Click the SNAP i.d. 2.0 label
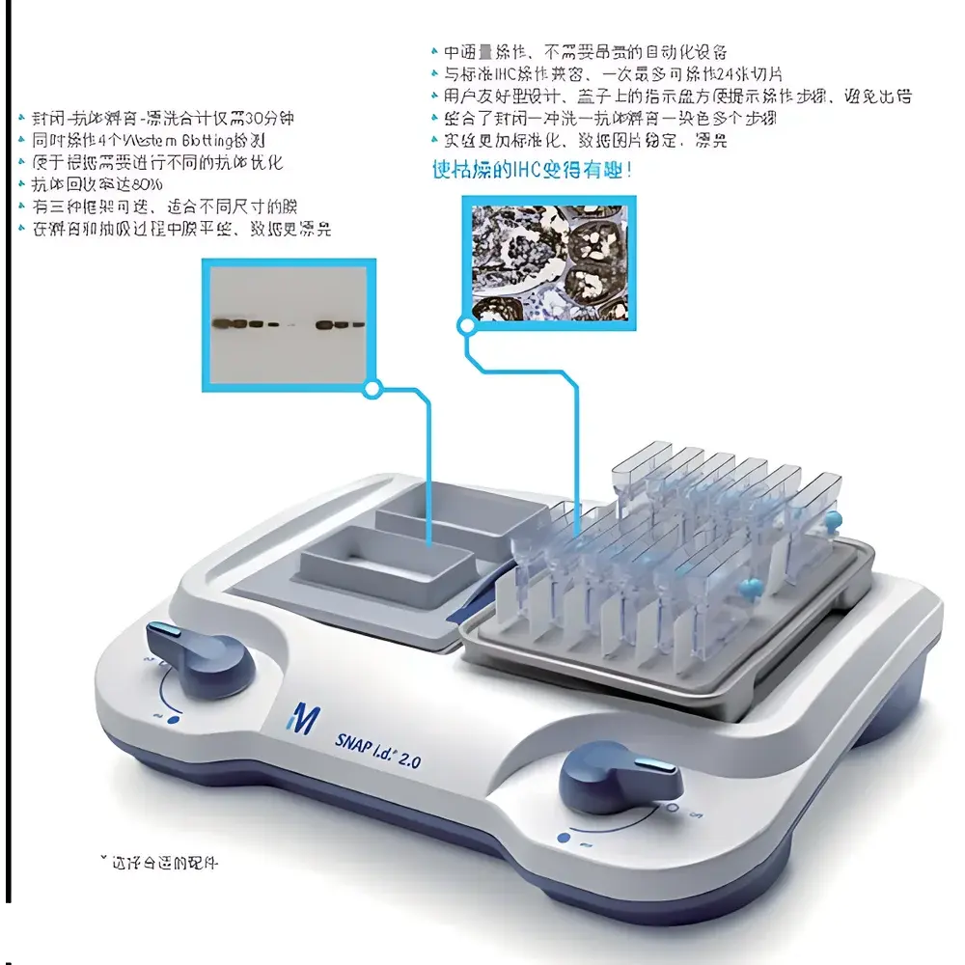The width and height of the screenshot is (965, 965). [379, 747]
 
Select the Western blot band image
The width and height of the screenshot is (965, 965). [289, 323]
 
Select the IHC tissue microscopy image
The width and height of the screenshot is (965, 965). [549, 259]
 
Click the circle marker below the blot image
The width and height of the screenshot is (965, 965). [372, 390]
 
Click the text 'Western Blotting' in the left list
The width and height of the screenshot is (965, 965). [192, 141]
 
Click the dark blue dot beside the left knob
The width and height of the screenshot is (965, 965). [173, 718]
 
